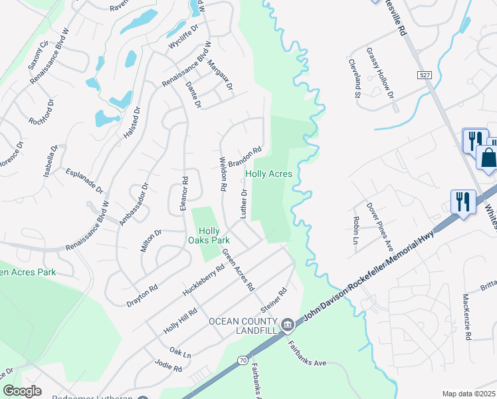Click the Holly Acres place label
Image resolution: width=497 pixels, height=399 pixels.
pos(269,174)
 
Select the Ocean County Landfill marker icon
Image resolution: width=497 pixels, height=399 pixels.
pos(287,325)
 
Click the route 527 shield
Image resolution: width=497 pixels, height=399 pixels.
pos(426,76)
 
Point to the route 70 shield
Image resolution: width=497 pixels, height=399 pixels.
pos(244,360)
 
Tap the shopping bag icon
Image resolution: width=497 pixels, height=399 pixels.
pos(487,158)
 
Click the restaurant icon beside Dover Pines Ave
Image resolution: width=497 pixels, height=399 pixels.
pos(463,200)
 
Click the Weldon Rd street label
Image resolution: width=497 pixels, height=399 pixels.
pos(224,175)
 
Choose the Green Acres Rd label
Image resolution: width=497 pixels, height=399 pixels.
pos(239,270)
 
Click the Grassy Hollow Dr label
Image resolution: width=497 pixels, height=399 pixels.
pos(379,74)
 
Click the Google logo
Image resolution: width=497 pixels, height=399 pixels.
pos(22,391)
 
